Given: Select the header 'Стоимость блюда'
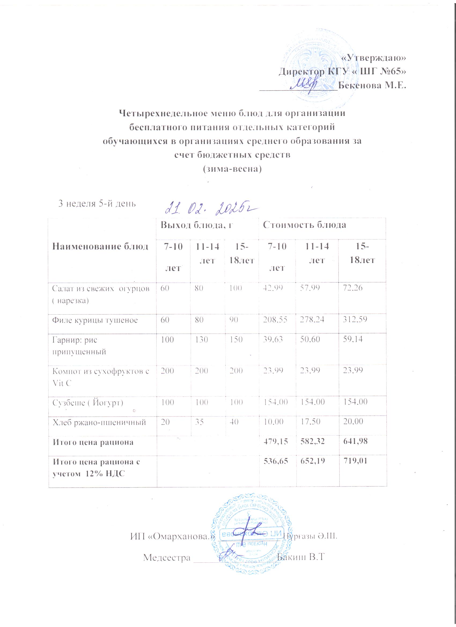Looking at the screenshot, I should pyautogui.click(x=304, y=225).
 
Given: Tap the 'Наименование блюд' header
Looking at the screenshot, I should pyautogui.click(x=100, y=246).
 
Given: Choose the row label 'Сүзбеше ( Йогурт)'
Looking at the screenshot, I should pyautogui.click(x=88, y=402).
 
